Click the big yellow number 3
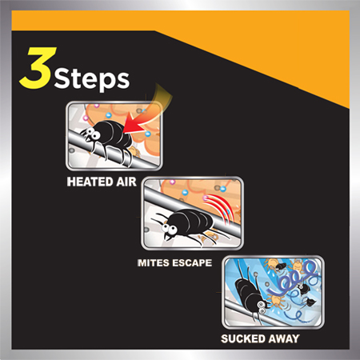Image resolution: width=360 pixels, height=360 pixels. click(x=38, y=68)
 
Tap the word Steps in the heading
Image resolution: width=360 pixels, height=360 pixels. click(x=92, y=78)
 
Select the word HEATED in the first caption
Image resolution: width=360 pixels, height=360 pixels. click(x=90, y=182)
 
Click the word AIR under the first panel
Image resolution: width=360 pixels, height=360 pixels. click(x=126, y=182)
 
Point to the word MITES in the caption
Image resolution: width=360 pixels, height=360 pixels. click(x=153, y=263)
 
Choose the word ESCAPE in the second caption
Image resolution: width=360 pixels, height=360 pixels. click(x=192, y=263)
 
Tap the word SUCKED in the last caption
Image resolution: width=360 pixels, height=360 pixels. click(x=243, y=338)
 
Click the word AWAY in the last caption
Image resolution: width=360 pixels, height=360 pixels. click(x=283, y=338)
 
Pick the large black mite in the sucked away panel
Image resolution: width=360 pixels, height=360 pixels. click(x=250, y=294)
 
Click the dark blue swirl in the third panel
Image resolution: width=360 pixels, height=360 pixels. click(x=294, y=278)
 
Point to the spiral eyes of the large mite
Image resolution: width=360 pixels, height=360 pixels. click(x=262, y=307)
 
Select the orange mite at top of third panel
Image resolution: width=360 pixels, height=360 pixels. click(x=272, y=263)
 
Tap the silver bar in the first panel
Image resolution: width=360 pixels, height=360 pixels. click(x=112, y=150)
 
